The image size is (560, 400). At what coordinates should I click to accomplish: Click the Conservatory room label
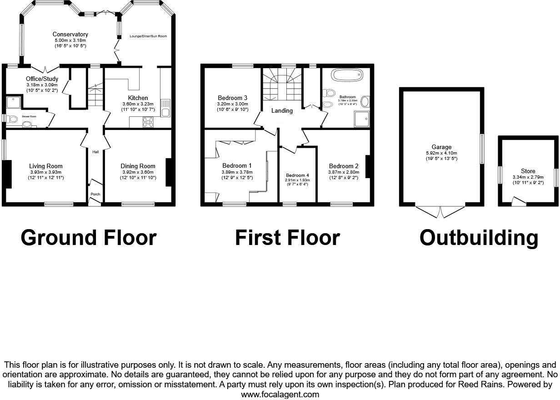(x=70, y=35)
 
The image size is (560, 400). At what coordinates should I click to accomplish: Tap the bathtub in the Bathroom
(x=347, y=75)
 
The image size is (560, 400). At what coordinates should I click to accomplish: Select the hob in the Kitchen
(x=148, y=122)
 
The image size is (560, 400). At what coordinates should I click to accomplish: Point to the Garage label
(x=441, y=147)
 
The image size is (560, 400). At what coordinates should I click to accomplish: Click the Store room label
(x=528, y=171)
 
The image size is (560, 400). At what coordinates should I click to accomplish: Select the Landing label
(x=282, y=111)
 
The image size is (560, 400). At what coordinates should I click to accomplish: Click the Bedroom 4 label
(x=297, y=175)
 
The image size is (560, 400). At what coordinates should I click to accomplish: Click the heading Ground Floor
(x=89, y=238)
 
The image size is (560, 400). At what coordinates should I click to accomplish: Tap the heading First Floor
(x=287, y=238)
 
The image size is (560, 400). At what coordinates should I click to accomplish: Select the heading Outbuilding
(x=479, y=238)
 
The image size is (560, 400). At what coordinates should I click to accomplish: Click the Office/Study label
(x=42, y=79)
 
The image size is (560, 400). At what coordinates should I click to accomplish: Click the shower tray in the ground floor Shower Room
(x=13, y=103)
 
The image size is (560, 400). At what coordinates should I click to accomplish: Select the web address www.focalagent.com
(x=280, y=395)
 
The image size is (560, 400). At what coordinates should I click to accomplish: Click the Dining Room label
(x=138, y=166)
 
